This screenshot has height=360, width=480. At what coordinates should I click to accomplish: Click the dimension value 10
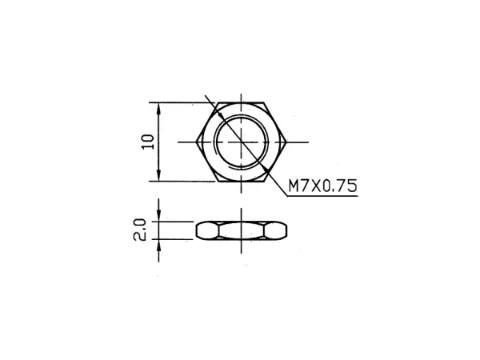click(x=146, y=142)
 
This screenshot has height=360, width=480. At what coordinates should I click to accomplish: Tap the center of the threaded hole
click(x=241, y=142)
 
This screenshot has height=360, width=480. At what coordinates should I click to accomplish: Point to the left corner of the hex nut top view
click(x=196, y=142)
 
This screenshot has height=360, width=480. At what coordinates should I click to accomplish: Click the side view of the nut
click(x=241, y=230)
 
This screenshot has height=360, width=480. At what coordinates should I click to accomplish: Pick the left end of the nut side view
click(x=197, y=230)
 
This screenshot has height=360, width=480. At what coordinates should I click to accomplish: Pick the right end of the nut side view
click(x=286, y=230)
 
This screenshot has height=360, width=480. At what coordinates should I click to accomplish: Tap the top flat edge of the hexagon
click(x=241, y=103)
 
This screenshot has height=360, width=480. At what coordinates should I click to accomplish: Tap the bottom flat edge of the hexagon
click(x=241, y=182)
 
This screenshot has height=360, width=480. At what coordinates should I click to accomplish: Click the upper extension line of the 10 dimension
click(x=184, y=103)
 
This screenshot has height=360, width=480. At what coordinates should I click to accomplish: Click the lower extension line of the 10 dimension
click(x=184, y=182)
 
